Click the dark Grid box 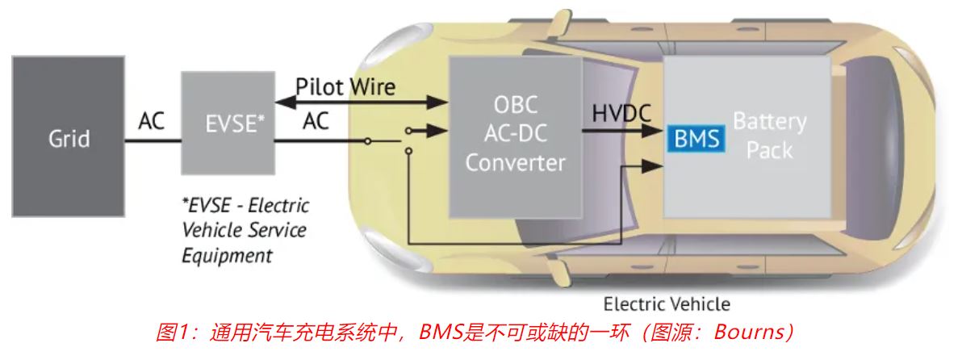68,136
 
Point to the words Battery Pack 769,136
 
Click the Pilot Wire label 345,86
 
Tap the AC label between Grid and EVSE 152,121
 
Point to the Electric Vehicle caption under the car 667,304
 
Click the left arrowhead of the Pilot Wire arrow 281,102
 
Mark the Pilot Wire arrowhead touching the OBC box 442,102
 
